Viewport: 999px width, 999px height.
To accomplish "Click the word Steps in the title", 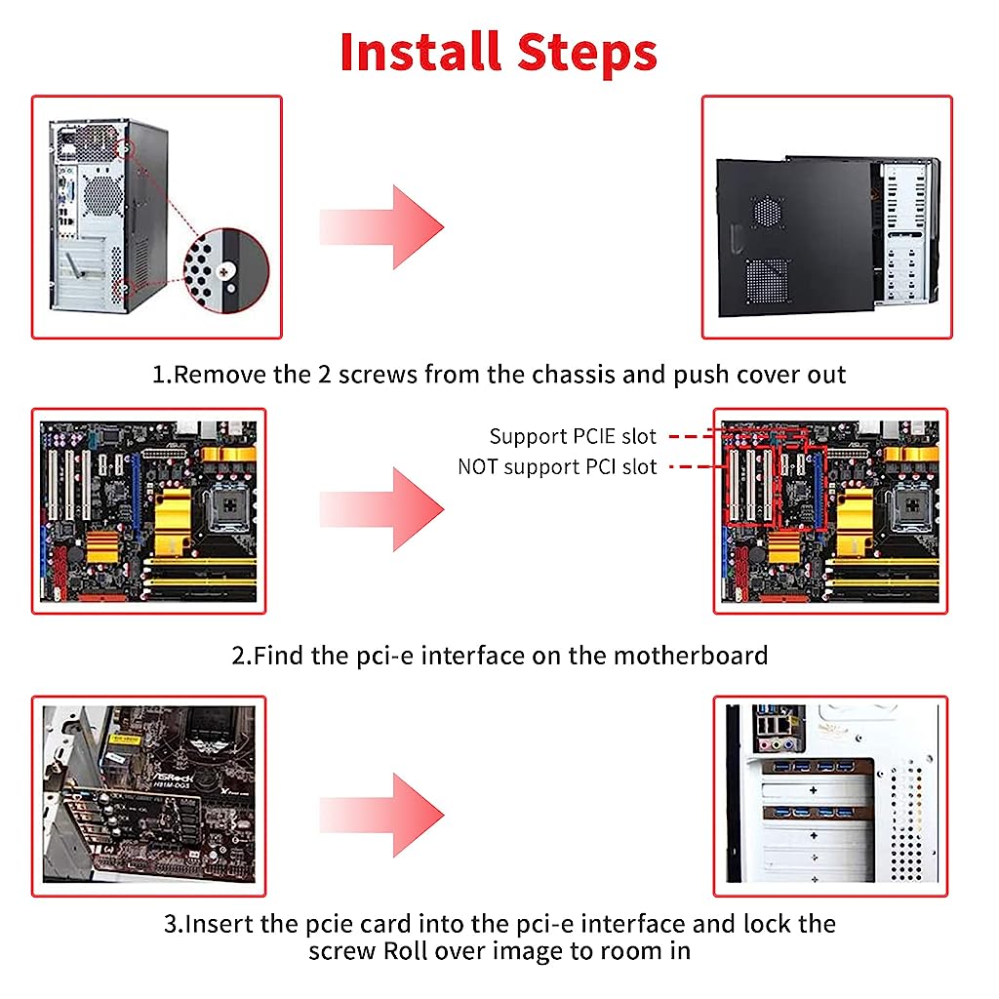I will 579,52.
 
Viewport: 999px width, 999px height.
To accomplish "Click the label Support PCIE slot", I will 573,435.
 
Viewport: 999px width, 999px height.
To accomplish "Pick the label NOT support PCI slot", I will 557,466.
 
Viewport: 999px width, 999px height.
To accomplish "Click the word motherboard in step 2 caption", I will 690,655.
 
